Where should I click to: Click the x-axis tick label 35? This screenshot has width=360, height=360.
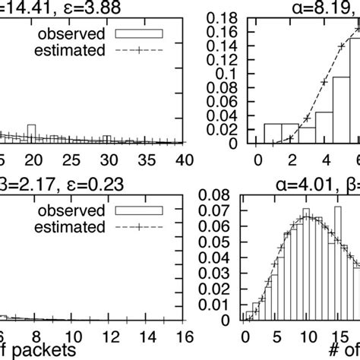coord(146,160)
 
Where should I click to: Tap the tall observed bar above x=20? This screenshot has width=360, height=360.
coord(31,134)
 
